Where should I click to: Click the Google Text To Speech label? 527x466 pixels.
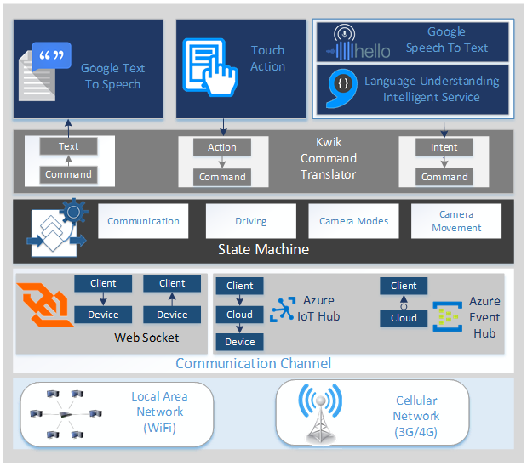pos(112,77)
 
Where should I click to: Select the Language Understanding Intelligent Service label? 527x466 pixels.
pos(431,89)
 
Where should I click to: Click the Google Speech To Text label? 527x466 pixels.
pos(446,40)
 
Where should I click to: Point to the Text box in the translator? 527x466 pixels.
pos(68,146)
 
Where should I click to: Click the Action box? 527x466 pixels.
pos(222,147)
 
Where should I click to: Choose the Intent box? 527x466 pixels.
pos(444,147)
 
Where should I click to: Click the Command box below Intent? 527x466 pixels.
pos(444,177)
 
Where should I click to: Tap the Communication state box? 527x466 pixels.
pos(143,221)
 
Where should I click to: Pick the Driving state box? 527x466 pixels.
pos(250,221)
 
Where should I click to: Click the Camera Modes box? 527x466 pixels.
pos(353,221)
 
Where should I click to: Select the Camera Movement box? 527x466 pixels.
pos(456,221)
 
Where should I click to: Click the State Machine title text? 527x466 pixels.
pos(263,250)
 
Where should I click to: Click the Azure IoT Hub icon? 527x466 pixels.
pos(283,310)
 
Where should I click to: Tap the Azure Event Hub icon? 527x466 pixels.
pos(446,316)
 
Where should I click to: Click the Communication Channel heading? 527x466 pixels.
pos(253,364)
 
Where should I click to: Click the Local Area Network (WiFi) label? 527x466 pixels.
pos(159,412)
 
